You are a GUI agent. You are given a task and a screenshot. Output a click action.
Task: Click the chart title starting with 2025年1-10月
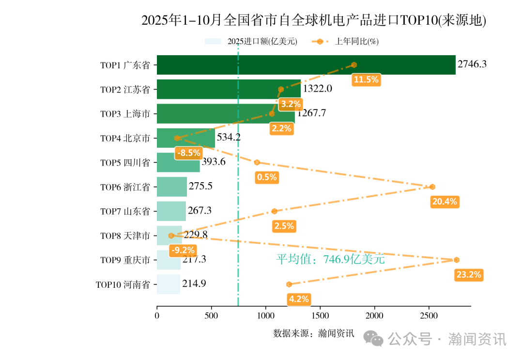(314, 20)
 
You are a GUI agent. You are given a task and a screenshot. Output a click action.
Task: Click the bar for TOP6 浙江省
(172, 187)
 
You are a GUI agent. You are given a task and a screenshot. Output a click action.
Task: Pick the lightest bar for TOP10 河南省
(169, 284)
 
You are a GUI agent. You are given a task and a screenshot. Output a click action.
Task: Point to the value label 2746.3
(472, 64)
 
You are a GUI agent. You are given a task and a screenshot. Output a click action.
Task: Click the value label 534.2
(229, 137)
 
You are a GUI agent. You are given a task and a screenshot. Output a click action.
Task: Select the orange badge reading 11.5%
(366, 80)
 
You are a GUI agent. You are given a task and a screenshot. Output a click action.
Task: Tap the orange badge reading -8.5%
(188, 153)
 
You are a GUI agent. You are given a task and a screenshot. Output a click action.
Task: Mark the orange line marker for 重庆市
(457, 260)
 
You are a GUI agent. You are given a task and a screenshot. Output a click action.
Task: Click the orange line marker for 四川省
(257, 162)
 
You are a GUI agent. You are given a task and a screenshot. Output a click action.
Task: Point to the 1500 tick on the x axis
(320, 316)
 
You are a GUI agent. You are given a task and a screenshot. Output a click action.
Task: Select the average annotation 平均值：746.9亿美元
(330, 260)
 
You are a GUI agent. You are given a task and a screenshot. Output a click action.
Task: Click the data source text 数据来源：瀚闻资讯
(314, 333)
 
